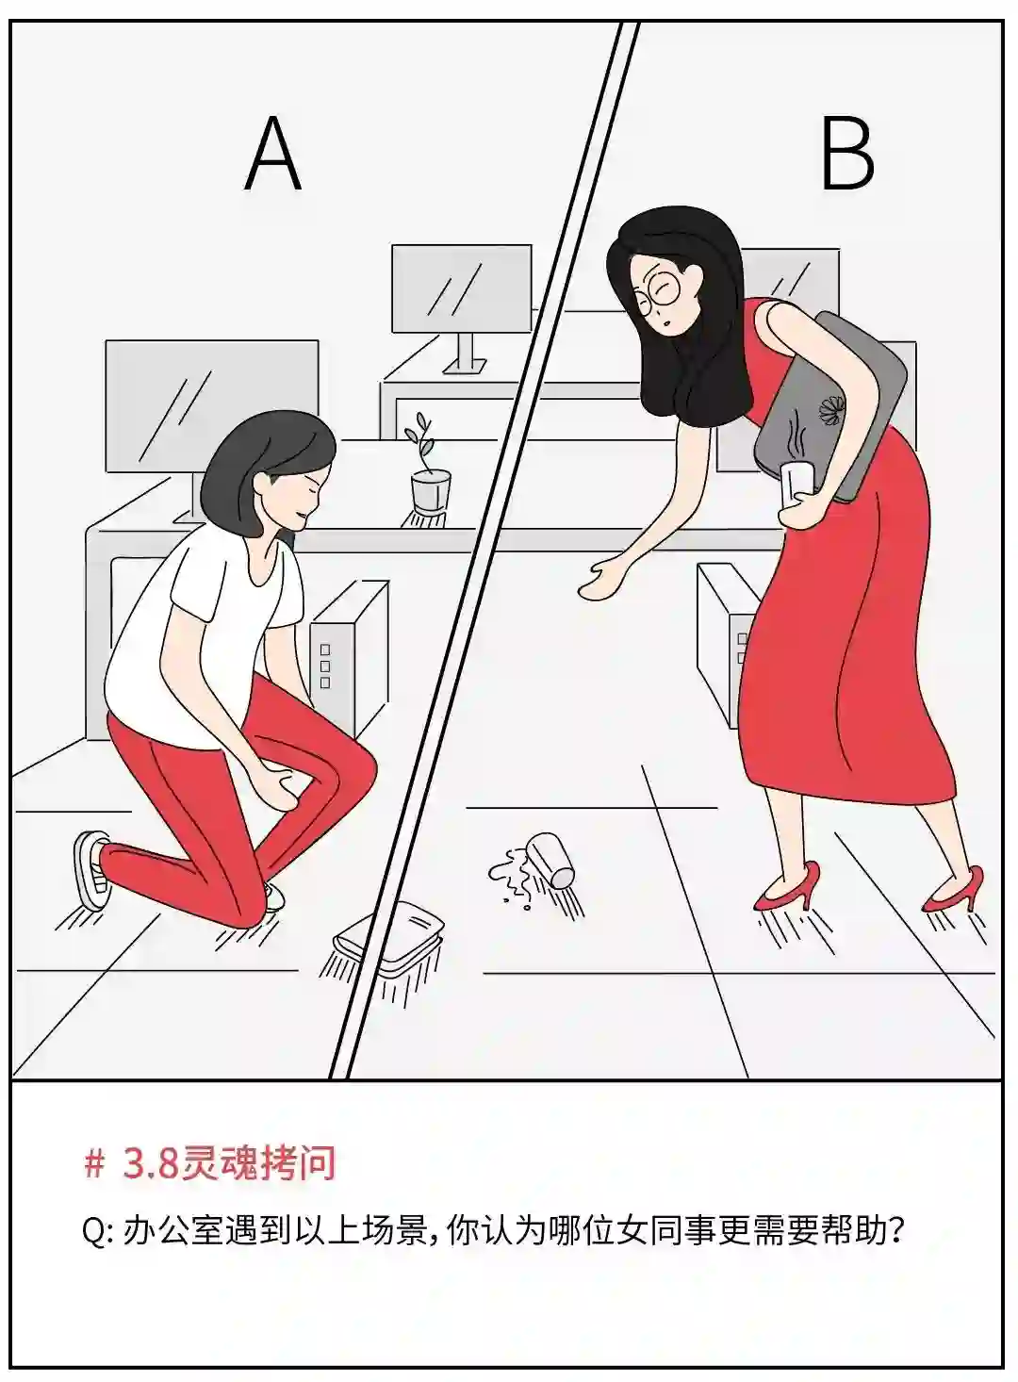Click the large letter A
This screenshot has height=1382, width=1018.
point(272,155)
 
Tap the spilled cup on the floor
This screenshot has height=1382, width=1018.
point(551,858)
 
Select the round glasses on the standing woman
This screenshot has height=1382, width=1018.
point(660,292)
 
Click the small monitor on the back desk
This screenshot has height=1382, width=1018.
point(462,288)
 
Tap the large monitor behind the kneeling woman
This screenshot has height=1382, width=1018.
point(212,406)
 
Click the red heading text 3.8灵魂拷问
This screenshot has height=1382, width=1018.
point(229,1164)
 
